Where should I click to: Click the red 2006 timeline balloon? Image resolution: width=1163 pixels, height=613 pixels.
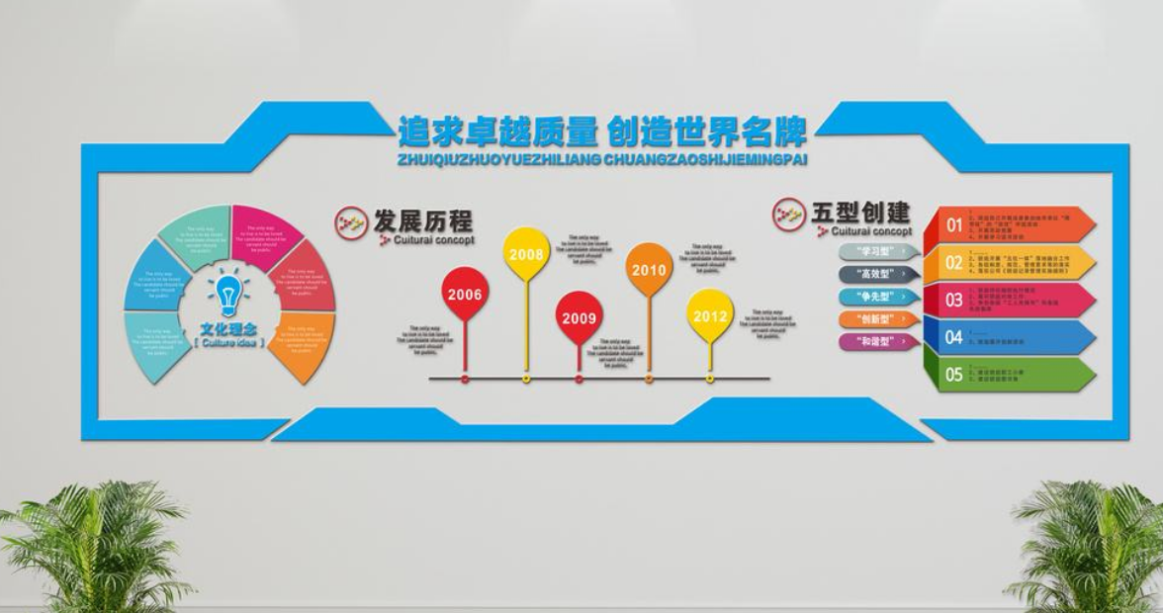click(x=465, y=294)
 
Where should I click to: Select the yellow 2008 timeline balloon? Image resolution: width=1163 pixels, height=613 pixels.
click(x=526, y=254)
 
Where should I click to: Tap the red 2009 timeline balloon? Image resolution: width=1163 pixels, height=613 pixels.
click(x=579, y=317)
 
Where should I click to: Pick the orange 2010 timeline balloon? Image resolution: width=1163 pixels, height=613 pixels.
click(x=649, y=269)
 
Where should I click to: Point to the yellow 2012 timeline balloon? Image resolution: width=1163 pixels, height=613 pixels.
click(x=710, y=315)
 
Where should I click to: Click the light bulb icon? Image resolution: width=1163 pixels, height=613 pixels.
click(x=228, y=294)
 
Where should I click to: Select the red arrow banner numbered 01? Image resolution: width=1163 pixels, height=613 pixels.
click(x=1009, y=224)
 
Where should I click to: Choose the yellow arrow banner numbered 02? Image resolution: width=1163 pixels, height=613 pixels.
click(x=1009, y=262)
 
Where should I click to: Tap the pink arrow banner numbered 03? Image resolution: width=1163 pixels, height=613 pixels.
click(x=1009, y=300)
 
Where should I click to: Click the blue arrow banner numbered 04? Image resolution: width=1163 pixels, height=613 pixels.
click(x=1009, y=337)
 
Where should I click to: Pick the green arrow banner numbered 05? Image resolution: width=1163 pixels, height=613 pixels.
click(x=1009, y=374)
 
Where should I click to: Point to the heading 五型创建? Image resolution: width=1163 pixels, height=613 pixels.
click(x=860, y=213)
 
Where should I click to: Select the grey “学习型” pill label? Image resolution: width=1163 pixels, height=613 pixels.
click(x=878, y=251)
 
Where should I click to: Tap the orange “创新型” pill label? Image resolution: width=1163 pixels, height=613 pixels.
click(x=878, y=319)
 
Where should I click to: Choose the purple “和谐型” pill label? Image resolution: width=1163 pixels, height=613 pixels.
click(x=878, y=342)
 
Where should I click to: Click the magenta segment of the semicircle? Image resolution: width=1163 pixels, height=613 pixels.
click(x=264, y=234)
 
